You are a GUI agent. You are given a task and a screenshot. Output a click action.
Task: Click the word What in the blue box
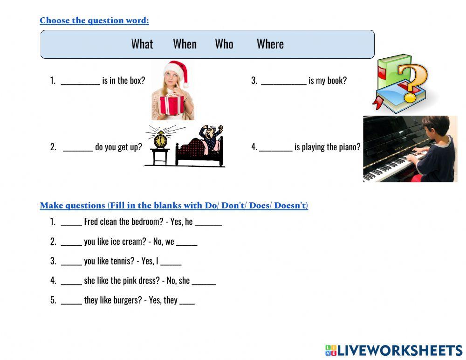(x=142, y=44)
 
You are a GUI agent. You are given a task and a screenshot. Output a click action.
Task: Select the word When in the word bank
(x=185, y=44)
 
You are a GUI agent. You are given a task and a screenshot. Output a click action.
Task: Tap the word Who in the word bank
(x=224, y=44)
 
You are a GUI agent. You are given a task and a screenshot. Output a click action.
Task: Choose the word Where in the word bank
(x=270, y=44)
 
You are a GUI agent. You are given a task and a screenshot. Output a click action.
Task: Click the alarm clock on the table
(x=161, y=139)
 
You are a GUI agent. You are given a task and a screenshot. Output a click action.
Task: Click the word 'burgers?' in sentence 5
(x=127, y=300)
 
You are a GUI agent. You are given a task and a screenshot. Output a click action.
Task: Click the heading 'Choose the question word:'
(x=94, y=21)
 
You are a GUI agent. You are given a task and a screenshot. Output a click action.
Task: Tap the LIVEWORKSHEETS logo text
(x=399, y=351)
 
